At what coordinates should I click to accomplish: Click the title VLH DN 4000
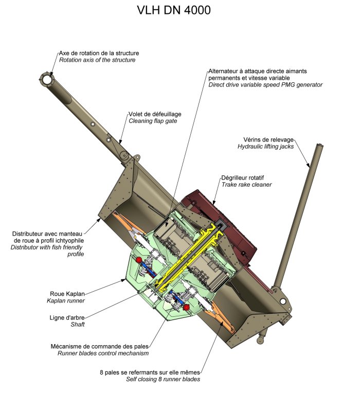point(174,10)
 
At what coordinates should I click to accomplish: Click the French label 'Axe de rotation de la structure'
point(99,53)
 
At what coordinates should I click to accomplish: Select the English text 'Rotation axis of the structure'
point(97,60)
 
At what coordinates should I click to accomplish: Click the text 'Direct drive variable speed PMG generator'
point(265,84)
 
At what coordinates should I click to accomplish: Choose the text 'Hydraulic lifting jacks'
point(265,147)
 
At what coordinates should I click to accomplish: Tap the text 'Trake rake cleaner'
point(246,184)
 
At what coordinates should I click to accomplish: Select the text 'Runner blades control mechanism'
point(103,353)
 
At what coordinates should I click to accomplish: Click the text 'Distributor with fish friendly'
point(47,247)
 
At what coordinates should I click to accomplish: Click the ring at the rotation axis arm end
point(47,79)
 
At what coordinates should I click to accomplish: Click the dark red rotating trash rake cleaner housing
point(231,206)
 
